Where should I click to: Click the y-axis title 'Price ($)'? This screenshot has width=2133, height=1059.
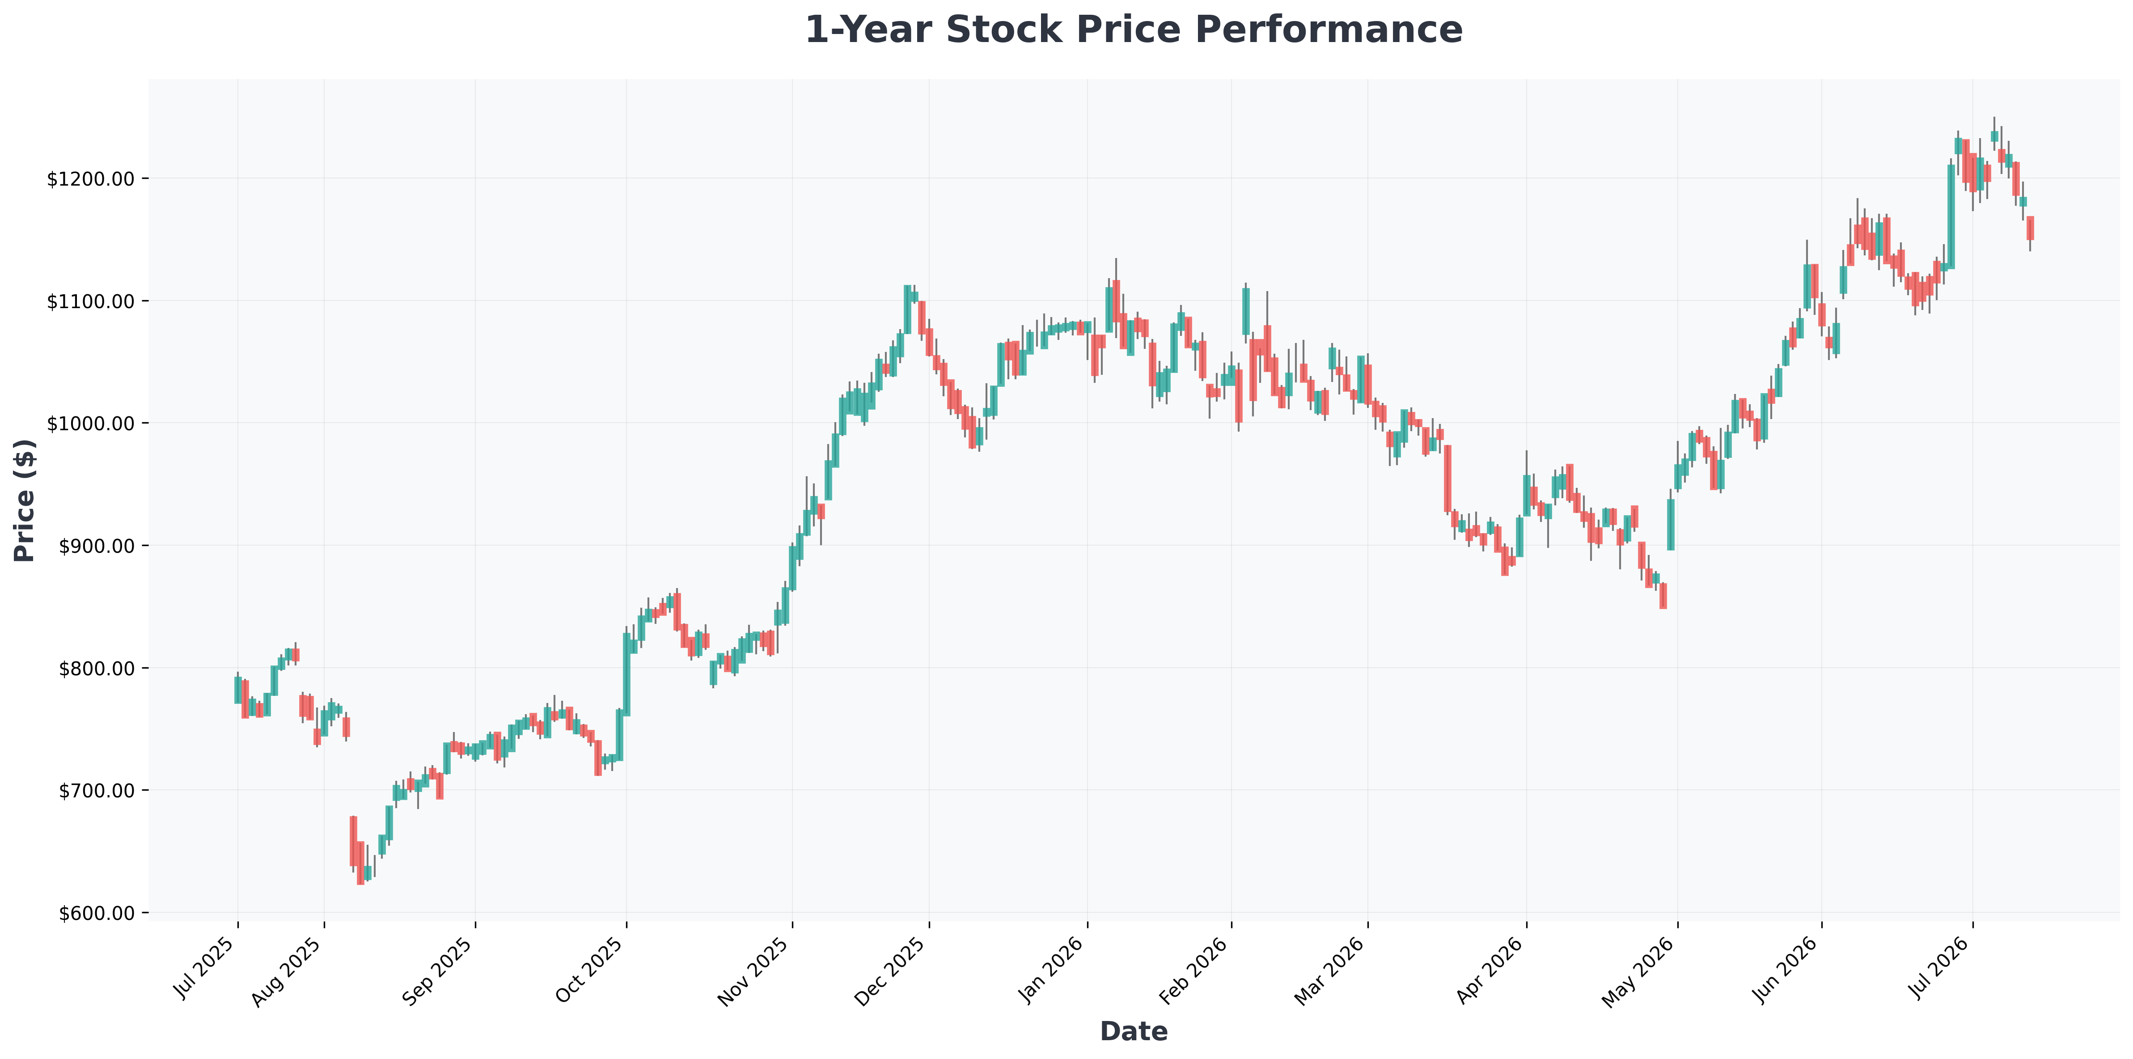click(x=25, y=501)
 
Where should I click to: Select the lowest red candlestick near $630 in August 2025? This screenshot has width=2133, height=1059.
click(x=360, y=863)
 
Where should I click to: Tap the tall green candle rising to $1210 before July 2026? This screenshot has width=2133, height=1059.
click(x=1951, y=217)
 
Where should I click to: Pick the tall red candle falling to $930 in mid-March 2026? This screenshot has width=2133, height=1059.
click(x=1447, y=479)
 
